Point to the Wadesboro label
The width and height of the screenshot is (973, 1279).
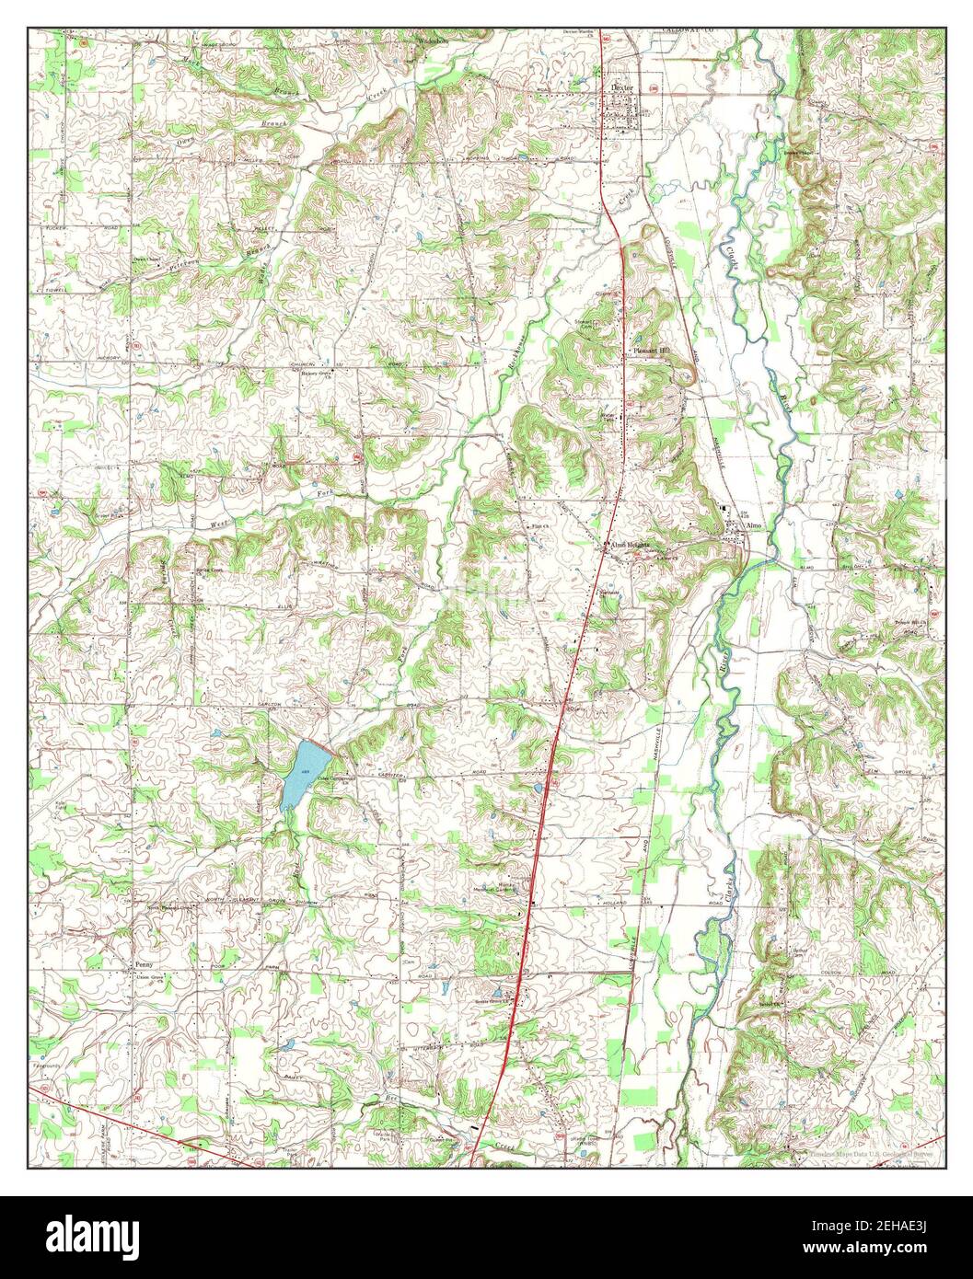[432, 42]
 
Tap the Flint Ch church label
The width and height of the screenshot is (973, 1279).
[538, 526]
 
